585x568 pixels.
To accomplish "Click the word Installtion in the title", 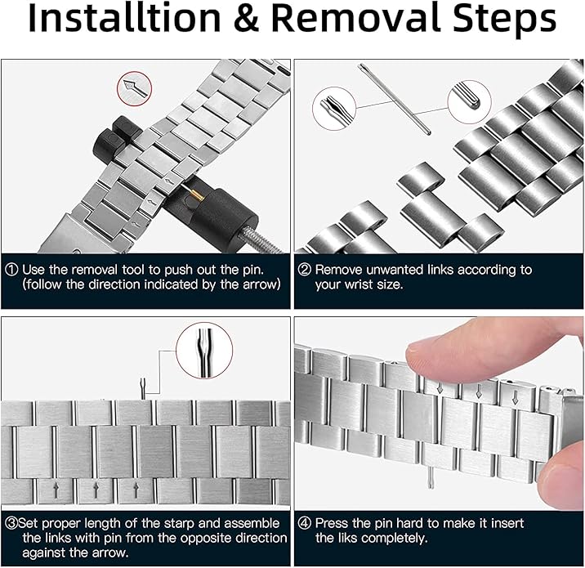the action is tap(125, 18).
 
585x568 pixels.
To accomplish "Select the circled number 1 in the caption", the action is tap(11, 270).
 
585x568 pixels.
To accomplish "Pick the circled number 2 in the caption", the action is tap(304, 270).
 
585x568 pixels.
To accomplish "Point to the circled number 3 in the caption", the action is tap(11, 523).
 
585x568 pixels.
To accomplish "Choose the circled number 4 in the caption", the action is tap(304, 523).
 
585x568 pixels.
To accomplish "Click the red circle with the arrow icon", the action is tap(134, 88).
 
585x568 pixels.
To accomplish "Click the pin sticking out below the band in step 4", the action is tap(431, 479).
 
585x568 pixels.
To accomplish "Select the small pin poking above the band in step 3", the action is tap(142, 388).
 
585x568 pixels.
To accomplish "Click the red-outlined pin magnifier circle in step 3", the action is tap(204, 351).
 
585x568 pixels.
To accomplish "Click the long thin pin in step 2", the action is tap(395, 99).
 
